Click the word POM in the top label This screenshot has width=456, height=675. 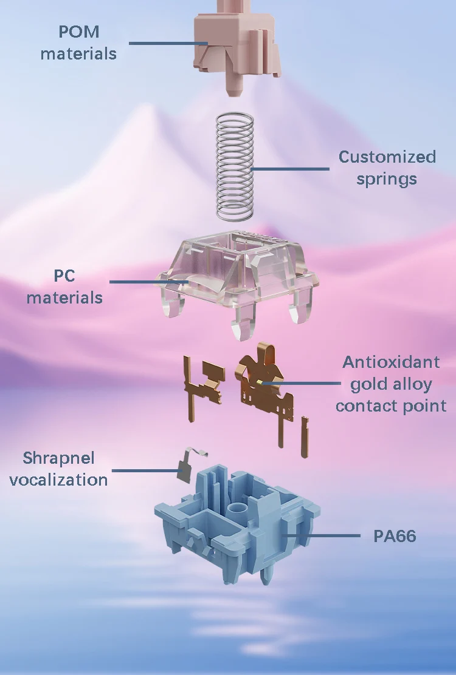pos(78,32)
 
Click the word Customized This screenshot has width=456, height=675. pos(387,157)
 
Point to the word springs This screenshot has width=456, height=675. pos(387,179)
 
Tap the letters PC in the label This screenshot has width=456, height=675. pos(64,276)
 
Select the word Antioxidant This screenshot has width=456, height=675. pos(391,362)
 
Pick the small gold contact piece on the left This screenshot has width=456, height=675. pos(204,379)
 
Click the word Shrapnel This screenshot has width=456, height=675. pos(58,458)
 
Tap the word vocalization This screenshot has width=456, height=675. pos(58,480)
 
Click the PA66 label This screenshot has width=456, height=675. pos(395,536)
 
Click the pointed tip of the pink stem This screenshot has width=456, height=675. pos(233,94)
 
